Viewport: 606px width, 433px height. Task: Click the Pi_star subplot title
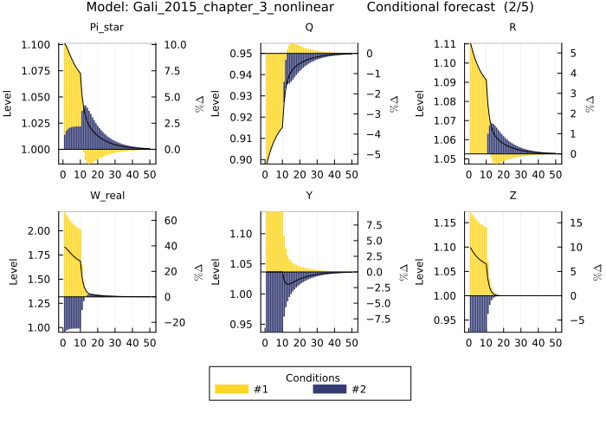[106, 28]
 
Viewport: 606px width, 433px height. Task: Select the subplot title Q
[309, 28]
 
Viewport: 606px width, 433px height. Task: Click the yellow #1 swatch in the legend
[232, 389]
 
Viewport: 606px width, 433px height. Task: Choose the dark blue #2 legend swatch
[329, 389]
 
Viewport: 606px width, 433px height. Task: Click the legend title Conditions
[313, 377]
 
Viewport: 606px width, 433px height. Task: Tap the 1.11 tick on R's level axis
[447, 44]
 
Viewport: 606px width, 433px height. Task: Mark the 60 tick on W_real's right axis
[170, 221]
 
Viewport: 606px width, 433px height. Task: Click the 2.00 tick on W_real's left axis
[40, 231]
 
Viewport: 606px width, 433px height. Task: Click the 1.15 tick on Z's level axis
[447, 223]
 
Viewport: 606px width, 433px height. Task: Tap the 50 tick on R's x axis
[555, 173]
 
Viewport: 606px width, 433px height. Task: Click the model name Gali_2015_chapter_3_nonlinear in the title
[210, 8]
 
